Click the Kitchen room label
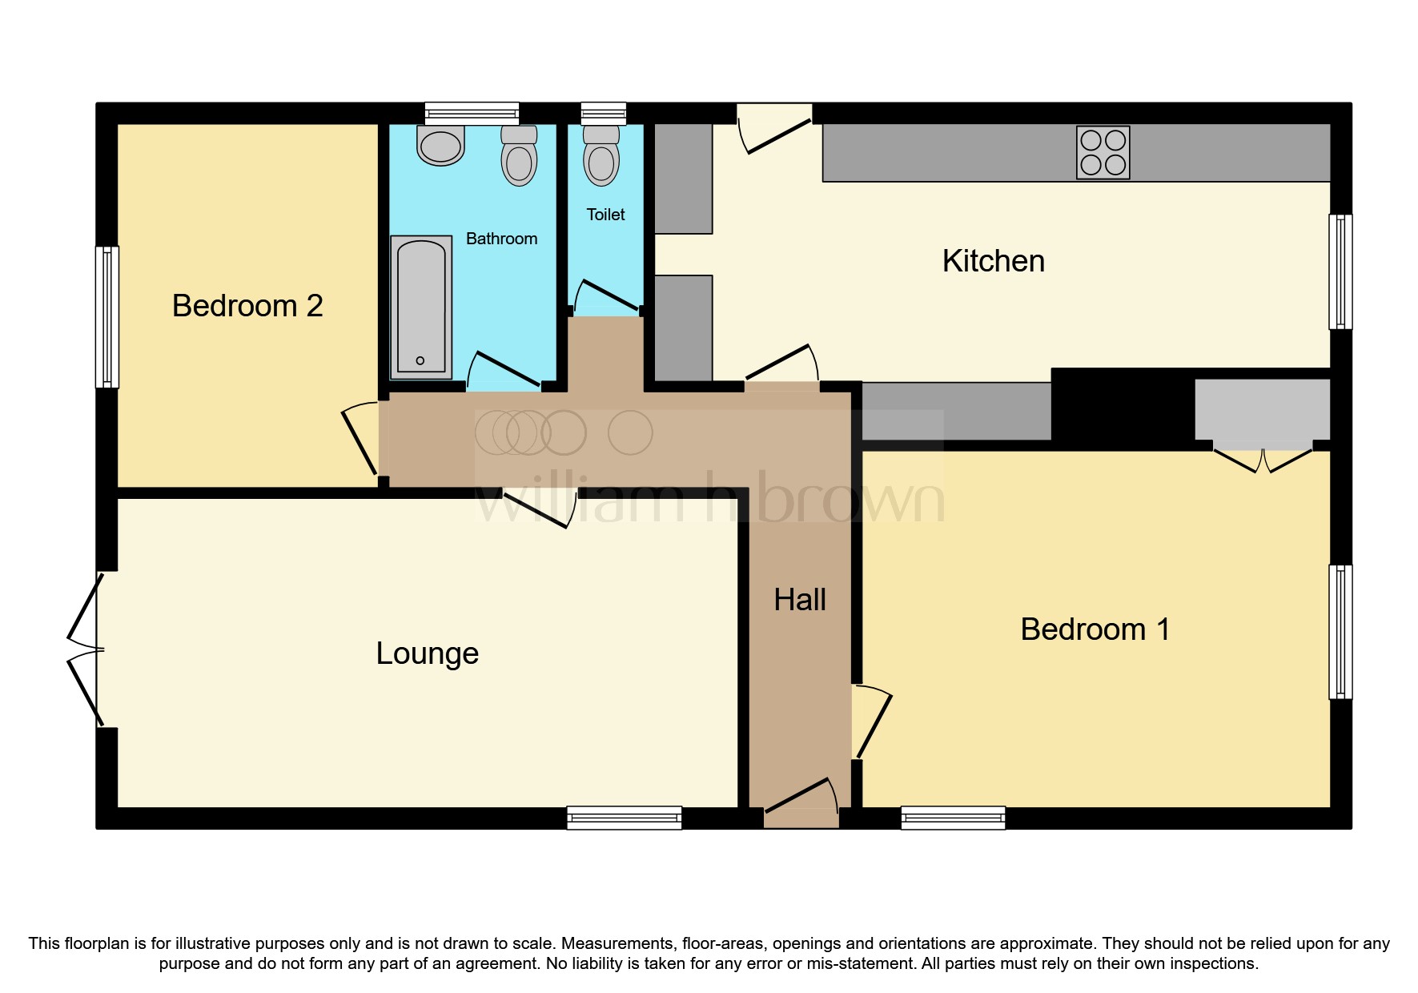click(993, 261)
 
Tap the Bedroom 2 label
click(247, 306)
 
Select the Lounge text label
click(427, 653)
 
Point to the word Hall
click(799, 600)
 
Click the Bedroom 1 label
click(1095, 629)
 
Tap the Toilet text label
click(605, 215)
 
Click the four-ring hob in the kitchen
click(1103, 152)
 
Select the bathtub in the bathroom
click(421, 307)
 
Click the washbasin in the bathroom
click(440, 145)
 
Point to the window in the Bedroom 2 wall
click(107, 316)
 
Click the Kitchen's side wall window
click(1340, 271)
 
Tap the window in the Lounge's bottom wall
click(624, 818)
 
